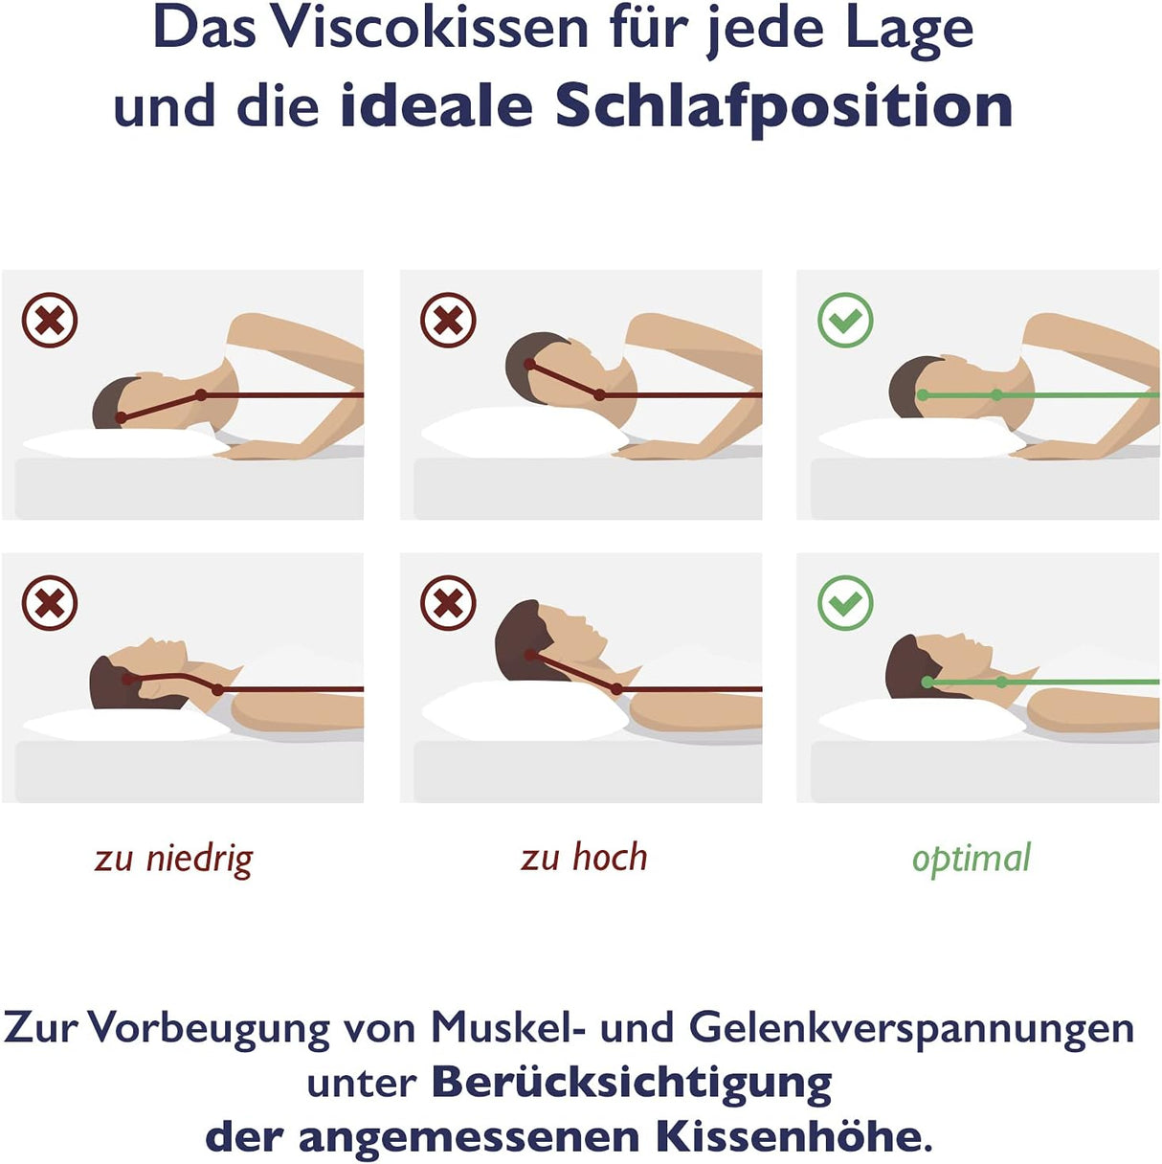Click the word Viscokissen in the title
(x=428, y=29)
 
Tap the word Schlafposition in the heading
(x=784, y=106)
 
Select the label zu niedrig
(x=173, y=859)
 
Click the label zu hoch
(x=584, y=858)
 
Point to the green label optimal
(x=971, y=859)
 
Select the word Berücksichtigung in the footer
(x=632, y=1083)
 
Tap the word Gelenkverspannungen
(x=911, y=1028)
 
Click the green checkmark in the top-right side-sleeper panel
(x=845, y=320)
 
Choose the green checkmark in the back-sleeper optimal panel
(x=845, y=603)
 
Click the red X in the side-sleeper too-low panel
(x=50, y=320)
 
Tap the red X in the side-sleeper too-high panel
(x=448, y=320)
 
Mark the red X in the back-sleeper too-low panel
(x=50, y=603)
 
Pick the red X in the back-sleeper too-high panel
(x=448, y=603)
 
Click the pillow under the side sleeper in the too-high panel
(x=517, y=433)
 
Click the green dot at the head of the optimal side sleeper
(x=923, y=395)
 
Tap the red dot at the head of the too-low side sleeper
(x=121, y=418)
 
